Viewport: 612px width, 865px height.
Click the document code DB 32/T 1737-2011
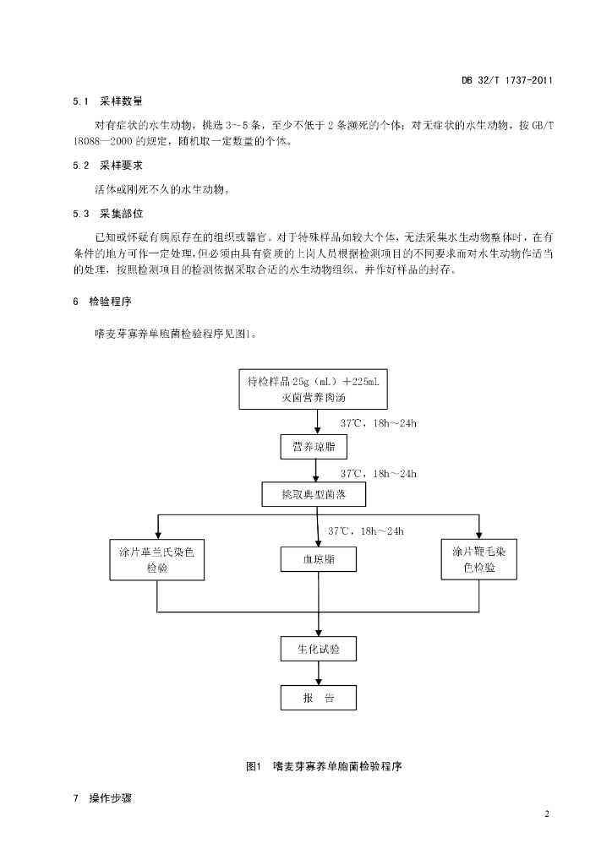click(x=506, y=80)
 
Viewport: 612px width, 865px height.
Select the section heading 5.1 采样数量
click(x=107, y=101)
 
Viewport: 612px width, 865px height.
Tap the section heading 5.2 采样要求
click(x=107, y=166)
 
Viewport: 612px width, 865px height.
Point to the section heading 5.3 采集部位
click(x=107, y=214)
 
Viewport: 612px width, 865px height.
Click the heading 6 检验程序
click(x=102, y=302)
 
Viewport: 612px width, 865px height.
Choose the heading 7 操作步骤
click(x=102, y=798)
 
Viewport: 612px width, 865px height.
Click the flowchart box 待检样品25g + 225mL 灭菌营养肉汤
click(x=313, y=389)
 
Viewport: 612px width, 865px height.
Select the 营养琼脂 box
click(x=314, y=447)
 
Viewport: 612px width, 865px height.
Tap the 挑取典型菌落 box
click(x=314, y=494)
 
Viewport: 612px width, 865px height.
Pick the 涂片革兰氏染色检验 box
click(x=157, y=559)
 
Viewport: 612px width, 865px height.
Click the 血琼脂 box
click(x=319, y=559)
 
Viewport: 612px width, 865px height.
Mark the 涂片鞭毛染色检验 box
click(x=479, y=559)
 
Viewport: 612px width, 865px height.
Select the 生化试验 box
click(x=319, y=650)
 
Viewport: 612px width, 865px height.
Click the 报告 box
click(x=319, y=698)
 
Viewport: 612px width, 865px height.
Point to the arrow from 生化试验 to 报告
click(x=319, y=673)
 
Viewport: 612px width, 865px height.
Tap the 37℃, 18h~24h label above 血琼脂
click(x=366, y=531)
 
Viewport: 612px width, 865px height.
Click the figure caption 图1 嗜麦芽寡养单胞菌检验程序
click(x=324, y=766)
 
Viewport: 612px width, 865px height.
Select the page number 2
click(x=547, y=814)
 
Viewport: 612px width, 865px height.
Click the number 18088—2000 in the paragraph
click(x=102, y=141)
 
